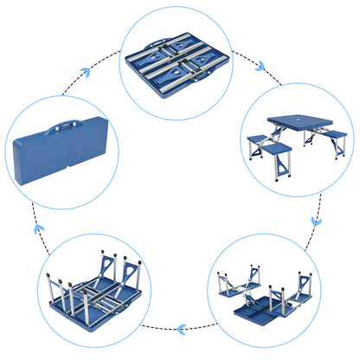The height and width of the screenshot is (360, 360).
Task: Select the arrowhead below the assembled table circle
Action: point(316,221)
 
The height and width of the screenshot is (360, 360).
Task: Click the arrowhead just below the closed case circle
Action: point(39,229)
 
